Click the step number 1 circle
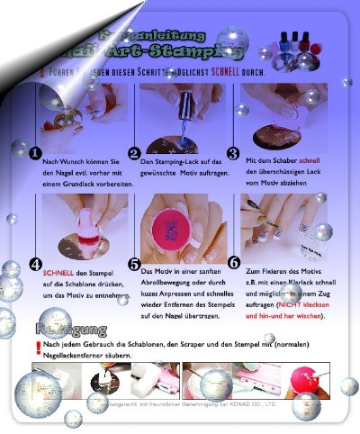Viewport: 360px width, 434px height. (34, 154)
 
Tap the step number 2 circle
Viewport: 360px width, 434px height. (134, 154)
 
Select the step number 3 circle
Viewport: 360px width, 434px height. (233, 154)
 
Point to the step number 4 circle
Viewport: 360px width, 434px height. (35, 265)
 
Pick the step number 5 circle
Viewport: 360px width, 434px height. (135, 263)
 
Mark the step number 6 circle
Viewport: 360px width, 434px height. (233, 263)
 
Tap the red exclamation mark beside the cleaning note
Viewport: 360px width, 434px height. (37, 346)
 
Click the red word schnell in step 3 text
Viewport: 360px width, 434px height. (310, 160)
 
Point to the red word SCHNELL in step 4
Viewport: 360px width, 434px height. (58, 271)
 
